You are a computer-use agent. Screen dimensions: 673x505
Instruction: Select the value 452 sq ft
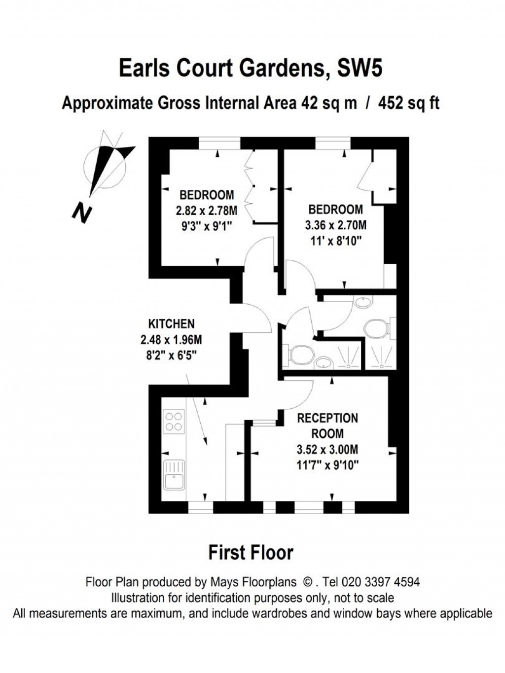[409, 104]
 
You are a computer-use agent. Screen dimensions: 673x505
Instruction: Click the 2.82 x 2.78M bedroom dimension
[206, 211]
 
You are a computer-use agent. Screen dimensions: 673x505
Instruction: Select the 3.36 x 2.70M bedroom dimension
[335, 225]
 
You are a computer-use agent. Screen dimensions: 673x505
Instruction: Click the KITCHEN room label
[171, 324]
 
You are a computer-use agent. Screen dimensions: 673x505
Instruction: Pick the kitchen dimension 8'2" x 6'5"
[171, 355]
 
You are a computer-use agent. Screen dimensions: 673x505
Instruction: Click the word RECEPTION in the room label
[327, 418]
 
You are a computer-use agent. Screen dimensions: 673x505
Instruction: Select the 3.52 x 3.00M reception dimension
[327, 449]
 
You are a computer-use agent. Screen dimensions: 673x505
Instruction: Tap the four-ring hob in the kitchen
[174, 422]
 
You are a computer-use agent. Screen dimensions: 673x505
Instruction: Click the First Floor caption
[251, 552]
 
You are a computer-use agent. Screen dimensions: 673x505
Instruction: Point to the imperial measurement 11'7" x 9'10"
[327, 465]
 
